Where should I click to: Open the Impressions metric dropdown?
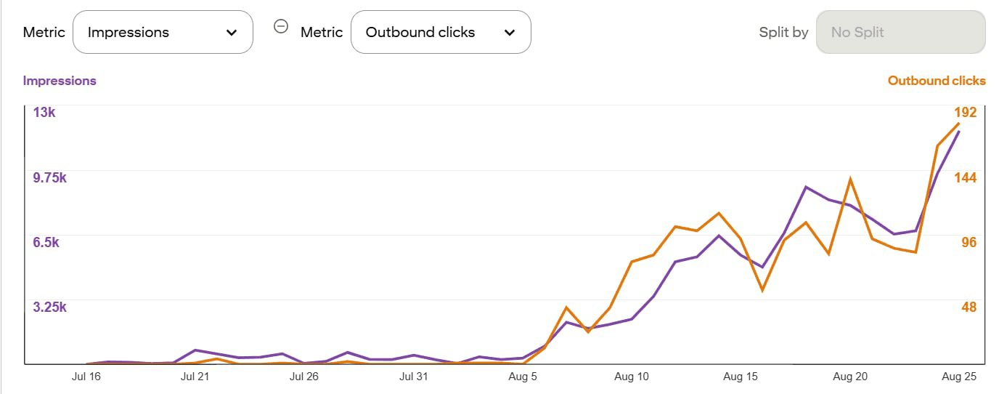point(163,32)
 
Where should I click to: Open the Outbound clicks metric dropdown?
point(440,32)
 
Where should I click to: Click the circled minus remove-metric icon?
point(280,27)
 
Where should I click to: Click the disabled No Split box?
point(900,32)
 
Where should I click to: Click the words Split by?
point(783,32)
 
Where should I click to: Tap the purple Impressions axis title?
point(60,81)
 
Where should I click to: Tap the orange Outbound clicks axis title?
point(937,81)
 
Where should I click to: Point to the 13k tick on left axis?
point(44,113)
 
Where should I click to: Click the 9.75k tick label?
point(49,178)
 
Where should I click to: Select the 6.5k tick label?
point(46,242)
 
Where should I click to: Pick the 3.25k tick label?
point(49,307)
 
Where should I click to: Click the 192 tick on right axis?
point(965,113)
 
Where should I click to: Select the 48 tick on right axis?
point(969,307)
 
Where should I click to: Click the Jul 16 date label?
point(86,377)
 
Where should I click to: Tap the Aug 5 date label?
point(523,377)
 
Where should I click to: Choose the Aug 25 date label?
point(959,377)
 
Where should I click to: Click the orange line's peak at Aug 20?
point(849,179)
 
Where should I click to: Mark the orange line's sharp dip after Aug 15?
point(762,290)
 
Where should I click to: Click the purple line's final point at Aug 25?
point(959,132)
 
